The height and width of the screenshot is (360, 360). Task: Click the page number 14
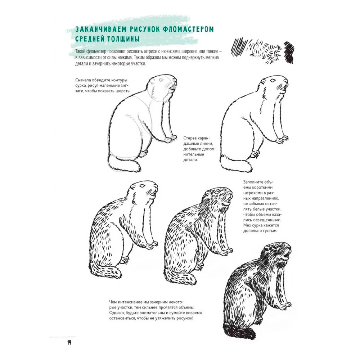point(69,342)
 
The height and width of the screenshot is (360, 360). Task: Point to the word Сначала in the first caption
point(83,80)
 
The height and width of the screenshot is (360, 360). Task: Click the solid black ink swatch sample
point(289,53)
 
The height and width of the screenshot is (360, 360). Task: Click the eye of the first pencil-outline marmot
point(161,80)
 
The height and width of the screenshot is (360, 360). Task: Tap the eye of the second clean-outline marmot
point(273,81)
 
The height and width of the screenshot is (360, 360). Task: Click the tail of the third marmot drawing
point(105,270)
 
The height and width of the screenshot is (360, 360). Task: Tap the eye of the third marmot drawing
point(142,185)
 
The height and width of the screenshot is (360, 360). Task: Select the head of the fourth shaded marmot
point(218,196)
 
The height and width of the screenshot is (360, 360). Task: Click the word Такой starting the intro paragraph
point(80,51)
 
